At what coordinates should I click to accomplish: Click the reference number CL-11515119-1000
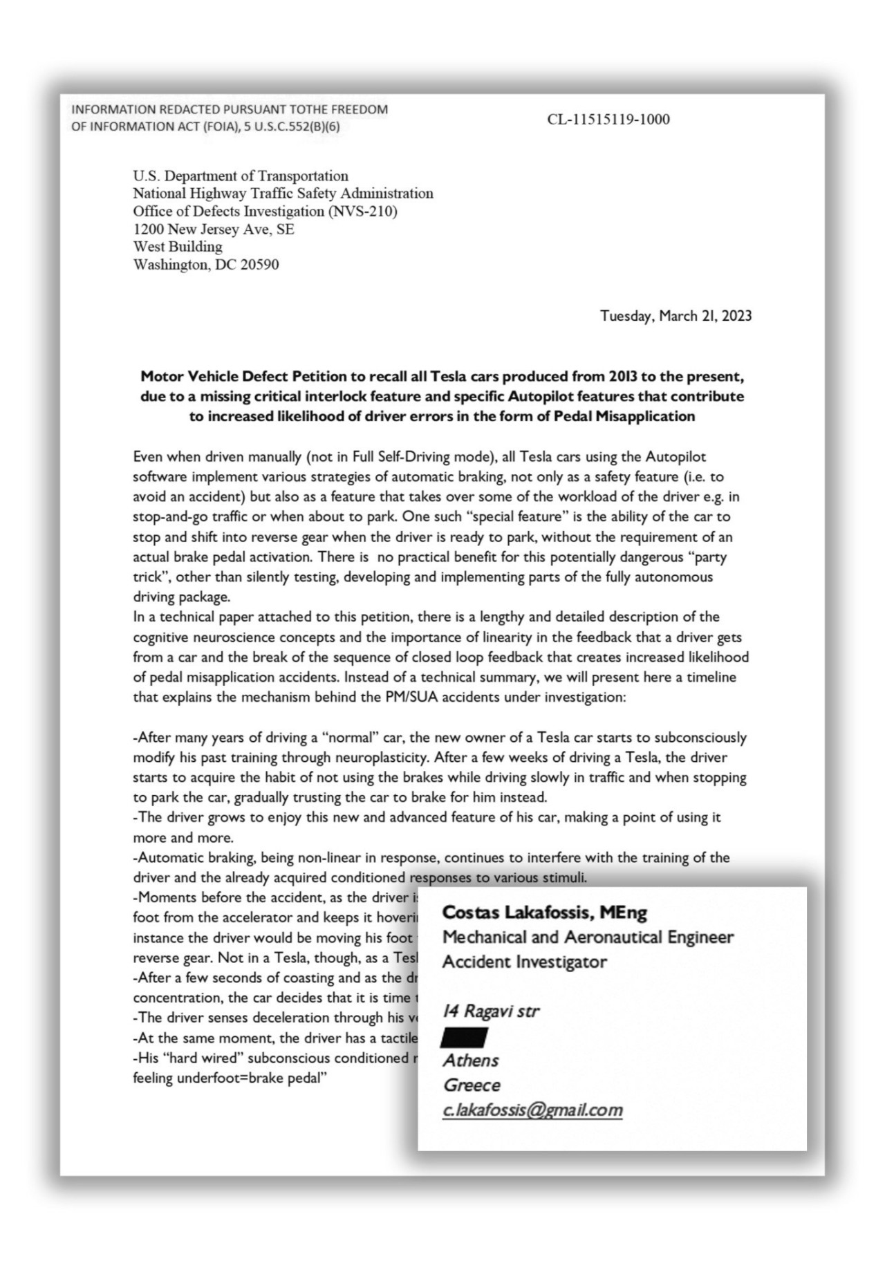tap(608, 120)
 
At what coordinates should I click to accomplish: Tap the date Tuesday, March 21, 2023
tap(676, 316)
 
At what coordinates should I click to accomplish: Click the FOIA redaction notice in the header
tap(230, 118)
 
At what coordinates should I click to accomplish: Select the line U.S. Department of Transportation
tap(241, 176)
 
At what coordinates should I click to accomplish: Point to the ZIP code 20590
tap(259, 264)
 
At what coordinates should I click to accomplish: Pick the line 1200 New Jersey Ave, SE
tap(214, 229)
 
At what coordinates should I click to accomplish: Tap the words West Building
tap(178, 246)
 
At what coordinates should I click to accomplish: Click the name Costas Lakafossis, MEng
tap(545, 913)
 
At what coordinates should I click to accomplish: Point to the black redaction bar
tap(465, 1037)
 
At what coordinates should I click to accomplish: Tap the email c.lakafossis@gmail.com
tap(532, 1110)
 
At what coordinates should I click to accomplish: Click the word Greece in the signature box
tap(472, 1085)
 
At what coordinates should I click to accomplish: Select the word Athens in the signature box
tap(470, 1061)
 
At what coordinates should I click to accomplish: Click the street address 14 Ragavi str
tap(490, 1011)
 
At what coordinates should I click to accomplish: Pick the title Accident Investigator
tap(524, 962)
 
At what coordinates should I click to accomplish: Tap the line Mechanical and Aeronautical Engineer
tap(588, 937)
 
